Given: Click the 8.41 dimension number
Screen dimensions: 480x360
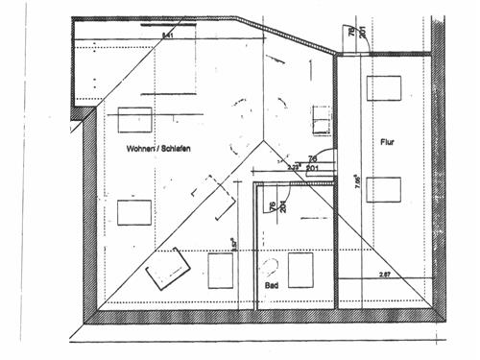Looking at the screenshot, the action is (169, 35).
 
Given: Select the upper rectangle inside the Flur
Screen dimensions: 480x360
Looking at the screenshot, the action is (383, 88).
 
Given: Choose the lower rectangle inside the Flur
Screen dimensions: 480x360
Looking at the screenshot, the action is (383, 189).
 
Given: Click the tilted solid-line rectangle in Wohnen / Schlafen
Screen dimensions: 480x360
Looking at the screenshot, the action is (167, 267).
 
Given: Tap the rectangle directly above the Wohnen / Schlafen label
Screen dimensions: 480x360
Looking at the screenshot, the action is (134, 119).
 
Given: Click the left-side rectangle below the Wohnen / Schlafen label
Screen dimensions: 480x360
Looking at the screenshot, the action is (134, 211).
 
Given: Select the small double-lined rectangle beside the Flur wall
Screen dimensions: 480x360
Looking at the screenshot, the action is (320, 121).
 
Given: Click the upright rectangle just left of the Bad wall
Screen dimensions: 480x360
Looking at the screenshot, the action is (221, 271).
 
